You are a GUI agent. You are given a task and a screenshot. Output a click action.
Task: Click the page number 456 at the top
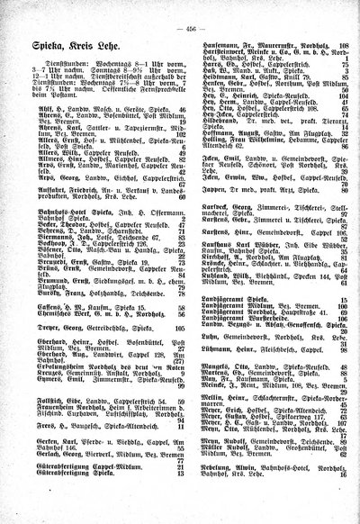[x=187, y=9]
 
